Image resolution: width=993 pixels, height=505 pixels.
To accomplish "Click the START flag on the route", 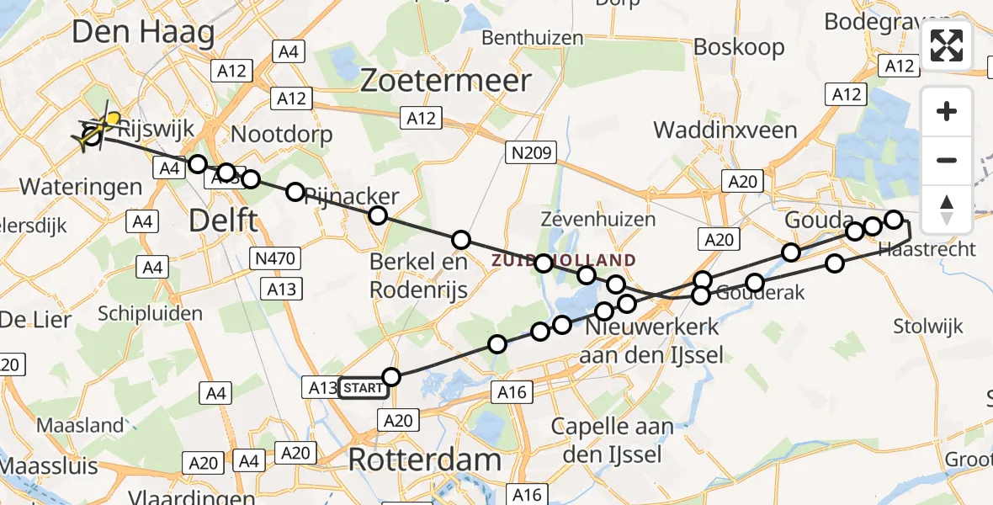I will click(363, 388).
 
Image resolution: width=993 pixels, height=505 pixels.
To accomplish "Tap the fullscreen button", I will click(947, 45).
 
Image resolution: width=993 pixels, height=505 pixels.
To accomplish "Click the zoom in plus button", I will click(947, 111).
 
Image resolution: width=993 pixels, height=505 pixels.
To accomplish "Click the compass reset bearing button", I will click(947, 210).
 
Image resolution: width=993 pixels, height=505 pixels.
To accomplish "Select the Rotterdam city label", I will click(424, 460).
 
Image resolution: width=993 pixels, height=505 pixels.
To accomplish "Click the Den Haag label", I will click(143, 32).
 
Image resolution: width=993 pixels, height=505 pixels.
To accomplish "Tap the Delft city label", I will click(223, 221).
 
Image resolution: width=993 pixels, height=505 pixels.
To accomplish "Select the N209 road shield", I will click(529, 151).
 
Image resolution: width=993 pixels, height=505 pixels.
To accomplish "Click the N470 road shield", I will click(274, 258).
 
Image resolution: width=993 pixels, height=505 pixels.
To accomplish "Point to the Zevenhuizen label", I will click(598, 220).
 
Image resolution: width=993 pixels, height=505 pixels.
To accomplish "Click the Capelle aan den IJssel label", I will click(612, 440).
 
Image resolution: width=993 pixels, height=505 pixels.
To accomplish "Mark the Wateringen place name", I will click(80, 186).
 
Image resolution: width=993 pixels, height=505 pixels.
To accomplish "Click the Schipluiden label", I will click(150, 313).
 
